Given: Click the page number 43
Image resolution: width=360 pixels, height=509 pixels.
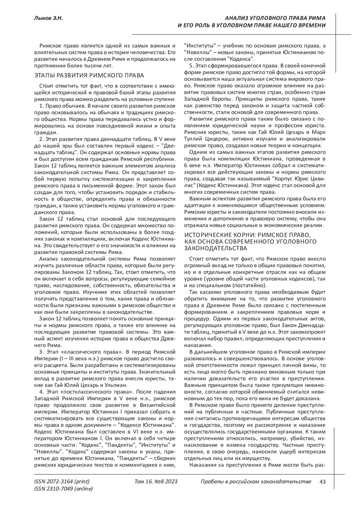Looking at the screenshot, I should point(323,482).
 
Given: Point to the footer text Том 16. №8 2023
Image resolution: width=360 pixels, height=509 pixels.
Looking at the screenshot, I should point(156,482).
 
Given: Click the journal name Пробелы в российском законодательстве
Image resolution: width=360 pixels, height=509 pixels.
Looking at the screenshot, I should point(256,482).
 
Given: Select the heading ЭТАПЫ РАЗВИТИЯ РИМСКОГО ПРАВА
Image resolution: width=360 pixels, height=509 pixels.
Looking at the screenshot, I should point(89,75).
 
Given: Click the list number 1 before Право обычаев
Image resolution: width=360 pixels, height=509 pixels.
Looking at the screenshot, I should point(41,106).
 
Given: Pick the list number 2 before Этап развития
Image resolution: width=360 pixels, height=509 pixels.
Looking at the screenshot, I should point(41,139).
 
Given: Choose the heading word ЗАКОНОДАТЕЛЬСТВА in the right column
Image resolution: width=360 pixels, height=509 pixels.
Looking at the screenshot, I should point(216,248).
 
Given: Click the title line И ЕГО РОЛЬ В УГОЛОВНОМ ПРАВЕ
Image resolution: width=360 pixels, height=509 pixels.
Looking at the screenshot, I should point(252,25).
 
